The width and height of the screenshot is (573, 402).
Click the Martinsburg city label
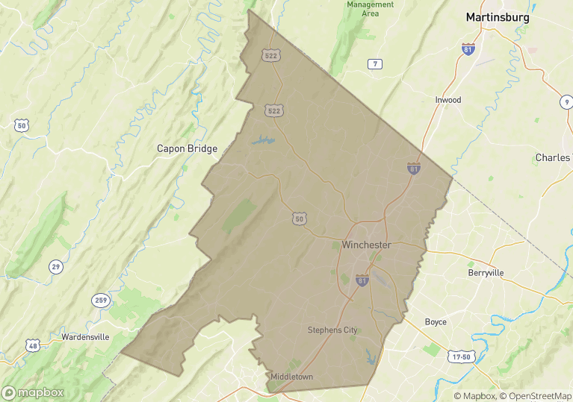coord(497,16)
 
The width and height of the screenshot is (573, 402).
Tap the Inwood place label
coord(448,100)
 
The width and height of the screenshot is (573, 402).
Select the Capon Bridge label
coord(187,148)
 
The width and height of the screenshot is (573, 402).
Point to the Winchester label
coord(366,245)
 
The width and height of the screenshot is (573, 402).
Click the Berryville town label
coord(486,273)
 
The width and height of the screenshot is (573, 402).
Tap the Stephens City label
coord(332,330)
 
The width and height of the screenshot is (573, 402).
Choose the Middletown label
coord(292,377)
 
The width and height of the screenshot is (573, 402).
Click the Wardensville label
coord(85,337)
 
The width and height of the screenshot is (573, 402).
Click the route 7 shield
coord(375,64)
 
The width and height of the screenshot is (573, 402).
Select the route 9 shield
coord(566,101)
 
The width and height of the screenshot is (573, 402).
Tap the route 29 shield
coord(55,266)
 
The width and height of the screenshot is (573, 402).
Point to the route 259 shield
coord(101,301)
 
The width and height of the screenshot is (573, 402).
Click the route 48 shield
coord(32,345)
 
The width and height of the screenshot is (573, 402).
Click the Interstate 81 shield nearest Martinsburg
coord(467,48)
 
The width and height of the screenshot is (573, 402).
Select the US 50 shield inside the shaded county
coord(299,219)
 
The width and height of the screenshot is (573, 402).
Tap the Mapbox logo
coord(33,392)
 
